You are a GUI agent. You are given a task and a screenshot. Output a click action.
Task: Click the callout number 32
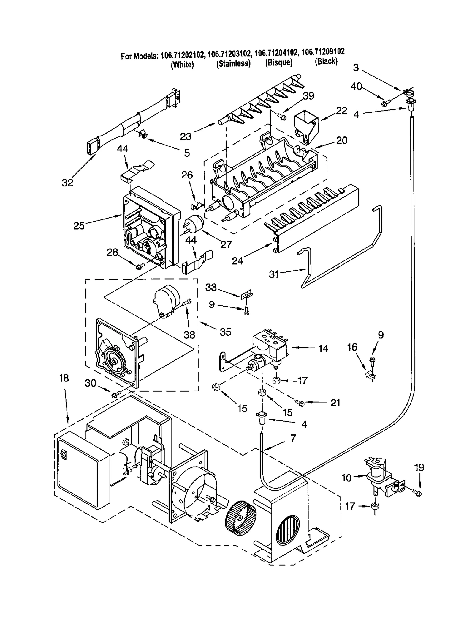(x=67, y=183)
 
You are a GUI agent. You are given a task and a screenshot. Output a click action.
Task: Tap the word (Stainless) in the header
(x=233, y=63)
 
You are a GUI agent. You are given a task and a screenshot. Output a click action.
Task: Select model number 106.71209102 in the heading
(x=323, y=52)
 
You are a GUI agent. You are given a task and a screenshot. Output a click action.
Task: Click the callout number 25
(x=79, y=226)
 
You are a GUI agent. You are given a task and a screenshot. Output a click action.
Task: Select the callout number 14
(x=323, y=348)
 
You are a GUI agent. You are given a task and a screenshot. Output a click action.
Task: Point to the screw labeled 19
(x=418, y=493)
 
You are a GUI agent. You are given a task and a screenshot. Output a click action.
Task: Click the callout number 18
(x=64, y=378)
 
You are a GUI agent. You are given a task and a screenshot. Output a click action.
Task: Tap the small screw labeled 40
(x=385, y=103)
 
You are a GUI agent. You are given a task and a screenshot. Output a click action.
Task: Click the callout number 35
(x=225, y=332)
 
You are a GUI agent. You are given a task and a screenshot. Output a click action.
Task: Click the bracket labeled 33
(x=246, y=295)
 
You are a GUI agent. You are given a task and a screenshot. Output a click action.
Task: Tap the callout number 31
(x=273, y=274)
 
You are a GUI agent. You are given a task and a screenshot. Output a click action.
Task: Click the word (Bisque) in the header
(x=278, y=62)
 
